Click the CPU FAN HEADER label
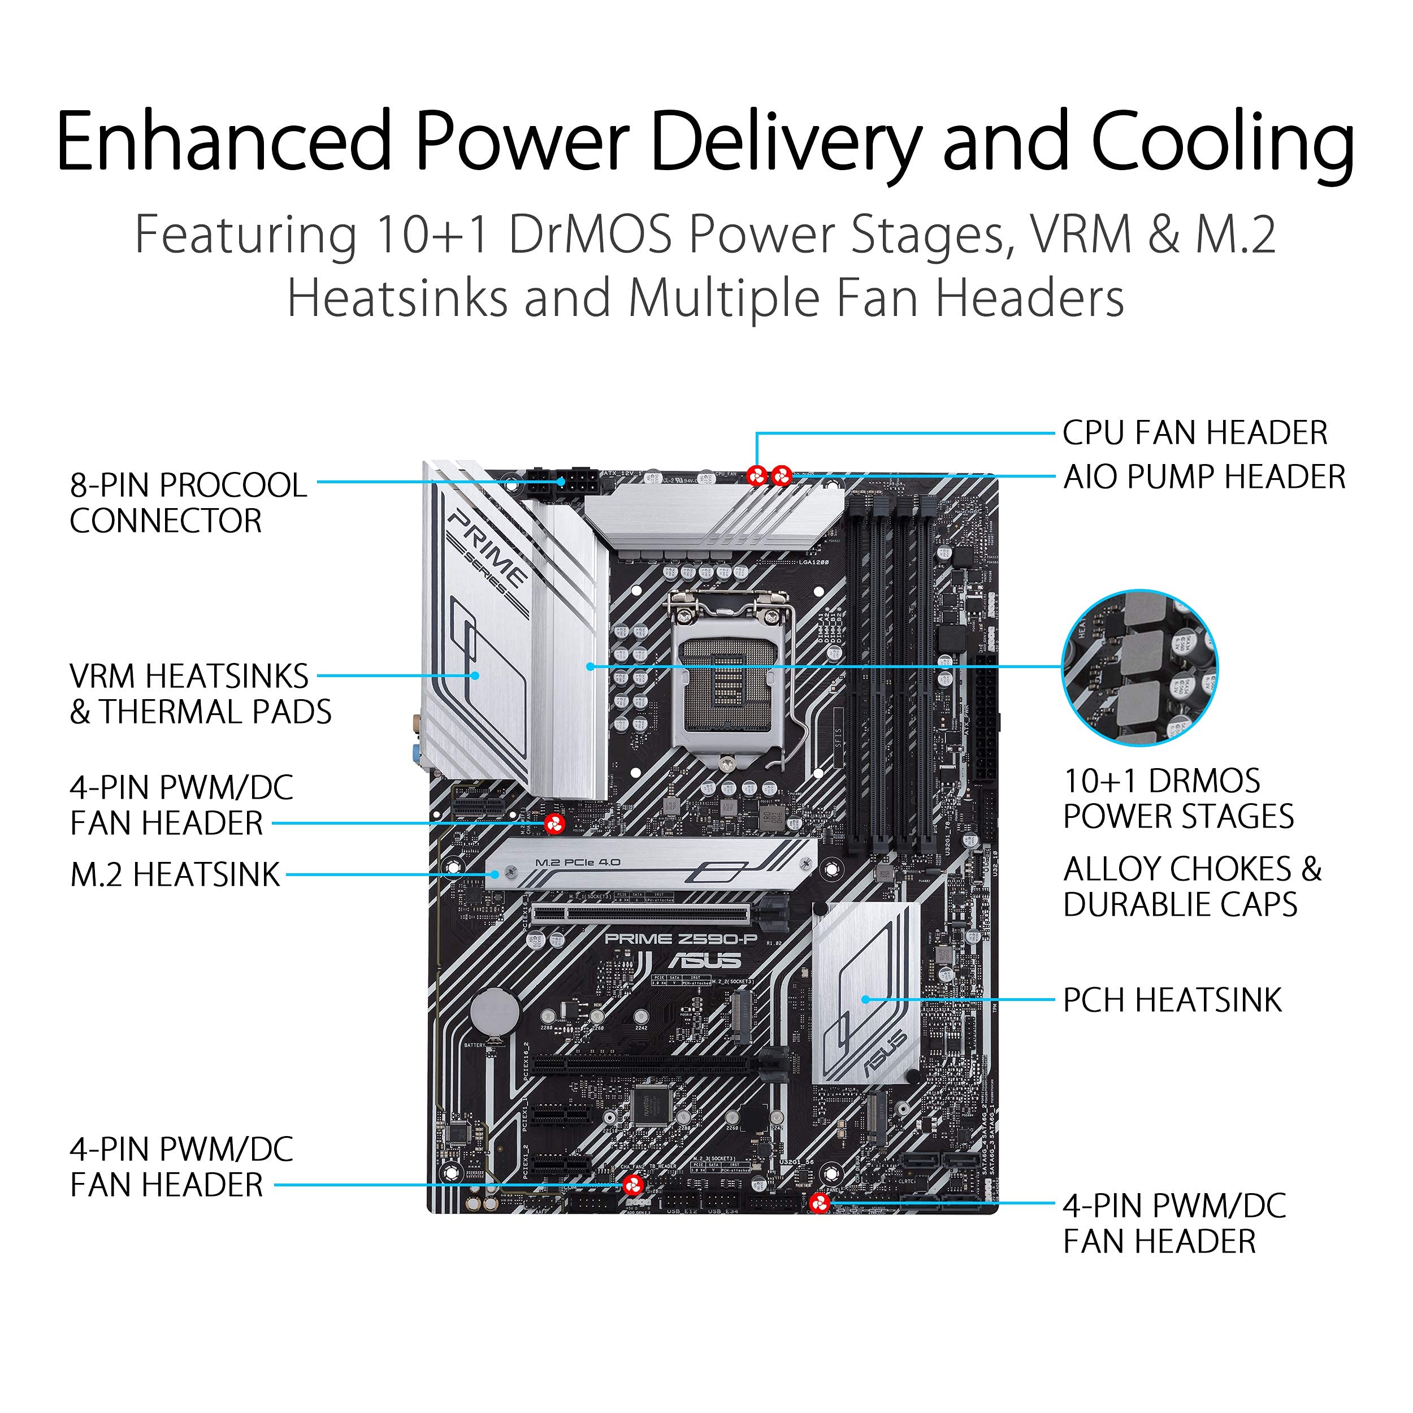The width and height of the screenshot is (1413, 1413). pos(1194,433)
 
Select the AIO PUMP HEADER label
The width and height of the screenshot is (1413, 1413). pos(1204,477)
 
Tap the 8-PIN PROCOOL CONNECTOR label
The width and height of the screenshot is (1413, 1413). pos(188,502)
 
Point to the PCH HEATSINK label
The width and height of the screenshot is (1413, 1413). pos(1172,1000)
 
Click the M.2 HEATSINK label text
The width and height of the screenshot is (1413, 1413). pos(175,875)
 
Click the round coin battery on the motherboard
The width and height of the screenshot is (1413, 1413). pos(495,1013)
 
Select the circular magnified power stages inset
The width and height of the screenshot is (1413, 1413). pos(1139,667)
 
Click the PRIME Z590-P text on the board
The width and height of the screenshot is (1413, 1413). pos(681,938)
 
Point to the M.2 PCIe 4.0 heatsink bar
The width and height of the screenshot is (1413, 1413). pos(649,865)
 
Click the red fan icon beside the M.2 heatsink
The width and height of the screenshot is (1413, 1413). pos(554,823)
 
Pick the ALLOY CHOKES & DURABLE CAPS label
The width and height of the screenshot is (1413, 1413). pos(1191,886)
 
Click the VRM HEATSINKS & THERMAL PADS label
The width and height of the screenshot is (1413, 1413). pos(200,694)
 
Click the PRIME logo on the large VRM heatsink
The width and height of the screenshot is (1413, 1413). pos(488,548)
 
